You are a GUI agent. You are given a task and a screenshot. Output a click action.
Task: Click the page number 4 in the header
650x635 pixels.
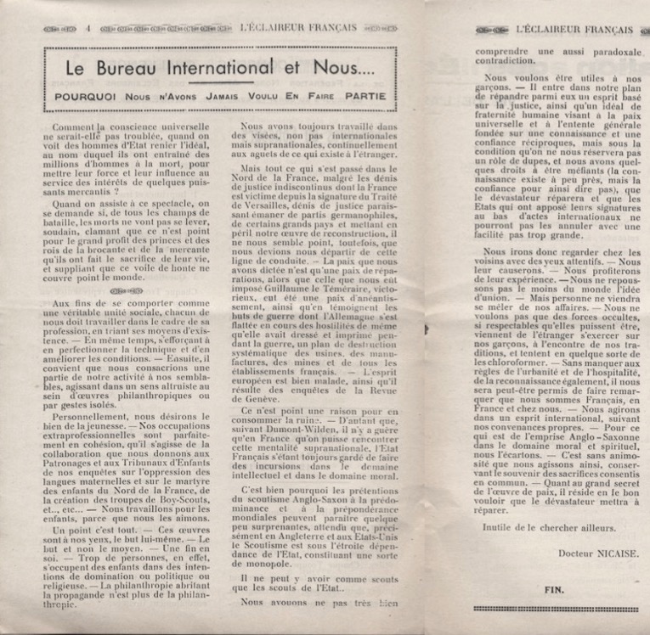pos(88,27)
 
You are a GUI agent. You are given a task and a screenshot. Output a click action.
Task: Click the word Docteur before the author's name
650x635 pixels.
pos(544,562)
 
